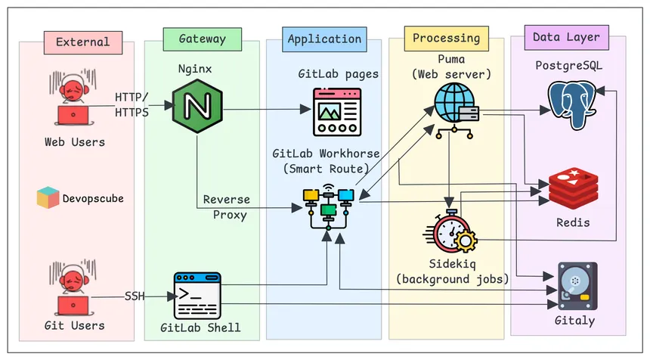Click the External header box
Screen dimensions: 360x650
tap(82, 42)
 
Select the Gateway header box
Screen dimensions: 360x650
tap(193, 39)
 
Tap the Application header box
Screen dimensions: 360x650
tap(324, 39)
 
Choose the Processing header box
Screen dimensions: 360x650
tap(446, 38)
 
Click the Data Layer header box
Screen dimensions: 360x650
tap(565, 36)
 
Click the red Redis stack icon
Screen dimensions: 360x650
tap(572, 190)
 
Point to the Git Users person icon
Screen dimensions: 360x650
tap(73, 288)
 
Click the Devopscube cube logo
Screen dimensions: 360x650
tap(48, 198)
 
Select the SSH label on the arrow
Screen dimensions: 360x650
tap(135, 296)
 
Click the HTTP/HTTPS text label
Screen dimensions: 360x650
tap(132, 104)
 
